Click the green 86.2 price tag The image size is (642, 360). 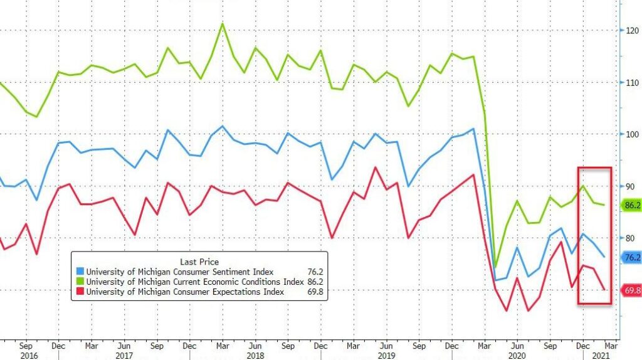click(x=631, y=205)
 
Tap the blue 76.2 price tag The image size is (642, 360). click(x=631, y=257)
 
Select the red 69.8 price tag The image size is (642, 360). click(x=631, y=290)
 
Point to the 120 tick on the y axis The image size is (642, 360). click(x=629, y=30)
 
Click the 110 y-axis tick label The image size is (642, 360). click(x=629, y=82)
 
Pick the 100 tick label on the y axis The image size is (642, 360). click(x=629, y=134)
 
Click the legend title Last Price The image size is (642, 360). click(x=199, y=262)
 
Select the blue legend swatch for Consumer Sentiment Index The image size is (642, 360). click(x=80, y=272)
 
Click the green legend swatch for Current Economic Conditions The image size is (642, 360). click(x=80, y=282)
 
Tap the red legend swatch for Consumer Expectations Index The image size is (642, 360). click(x=80, y=292)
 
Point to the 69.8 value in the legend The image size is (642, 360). click(x=316, y=292)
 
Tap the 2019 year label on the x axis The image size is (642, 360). click(x=386, y=354)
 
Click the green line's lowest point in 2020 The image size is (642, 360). click(x=495, y=267)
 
